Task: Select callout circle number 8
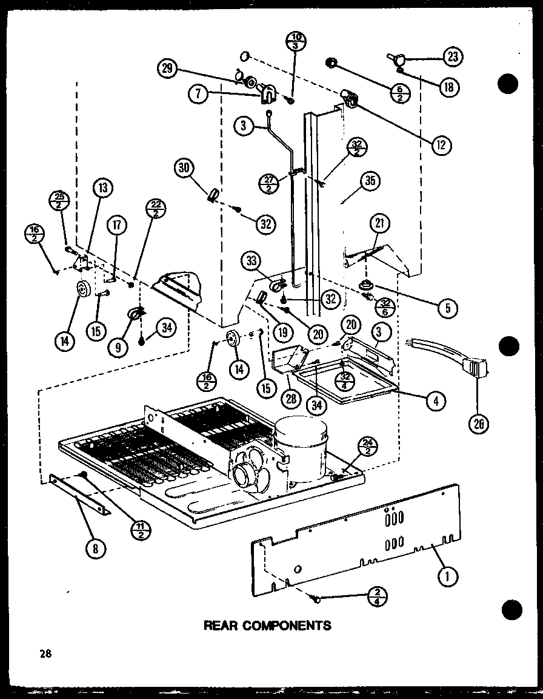pyautogui.click(x=96, y=549)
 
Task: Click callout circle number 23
pyautogui.click(x=453, y=58)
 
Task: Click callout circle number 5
pyautogui.click(x=447, y=308)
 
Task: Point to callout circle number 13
pyautogui.click(x=103, y=189)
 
